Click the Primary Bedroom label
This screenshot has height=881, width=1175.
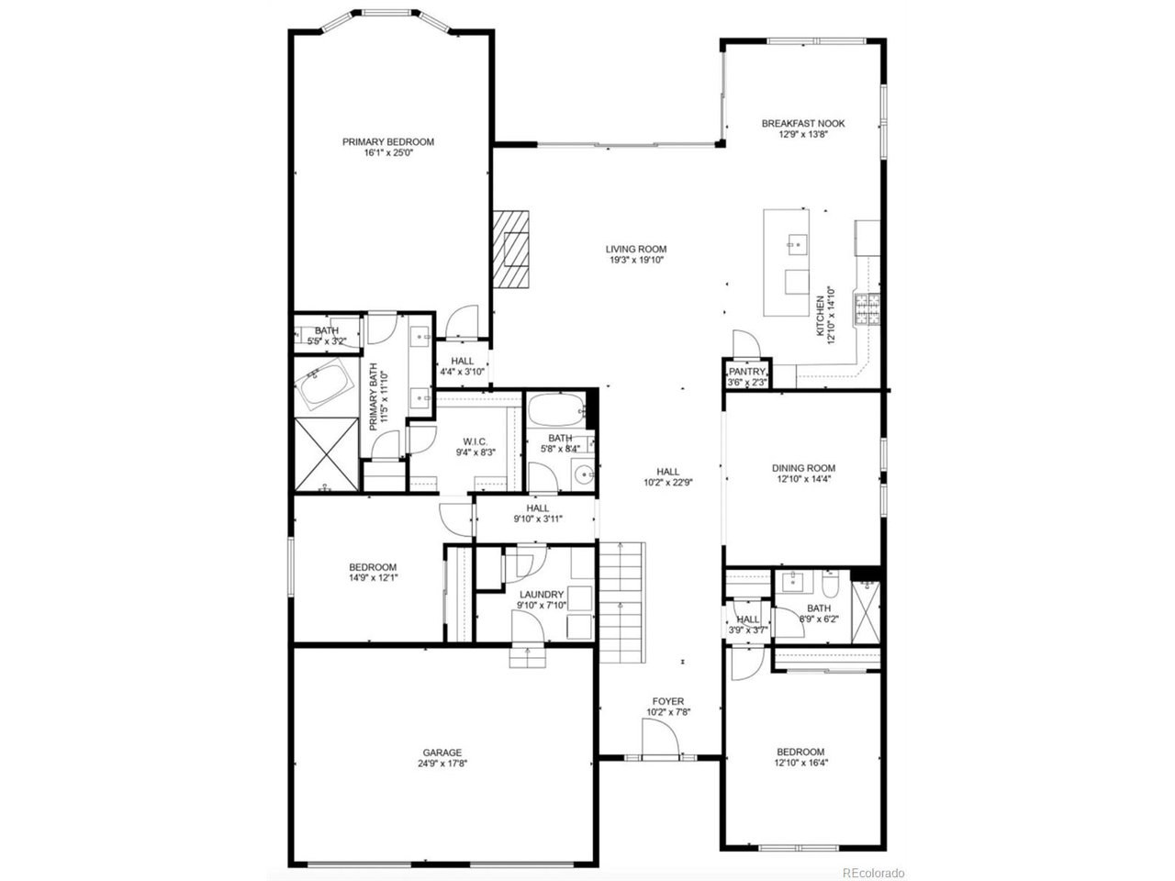click(x=387, y=142)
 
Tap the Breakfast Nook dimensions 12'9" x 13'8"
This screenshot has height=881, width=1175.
click(x=802, y=135)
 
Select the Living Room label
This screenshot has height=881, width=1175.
click(x=635, y=249)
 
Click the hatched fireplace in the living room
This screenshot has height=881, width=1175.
click(x=510, y=251)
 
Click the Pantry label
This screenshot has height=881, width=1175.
click(x=746, y=372)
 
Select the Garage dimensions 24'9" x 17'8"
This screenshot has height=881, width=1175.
click(x=442, y=763)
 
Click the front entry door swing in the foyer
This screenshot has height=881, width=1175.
click(x=659, y=738)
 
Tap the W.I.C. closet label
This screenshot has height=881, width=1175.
click(x=476, y=441)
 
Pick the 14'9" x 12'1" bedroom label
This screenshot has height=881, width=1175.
click(x=372, y=567)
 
